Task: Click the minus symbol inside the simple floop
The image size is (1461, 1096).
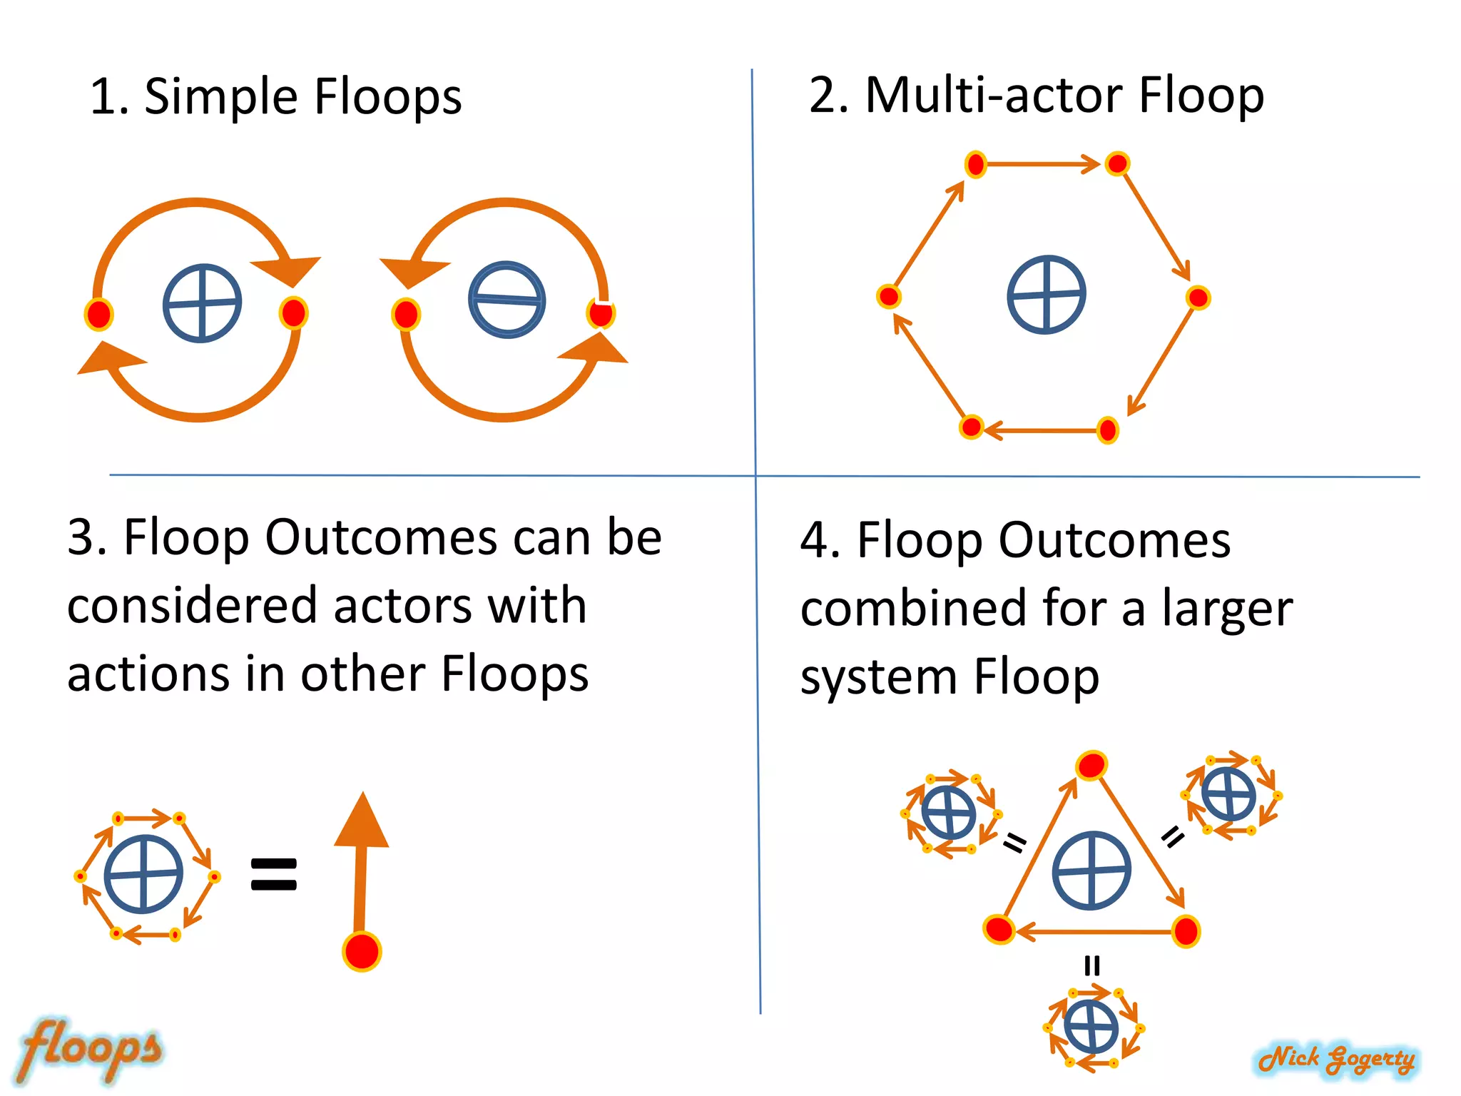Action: [x=506, y=300]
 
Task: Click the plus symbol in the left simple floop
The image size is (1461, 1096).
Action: [x=202, y=303]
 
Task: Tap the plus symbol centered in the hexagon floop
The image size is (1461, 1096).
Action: [x=1046, y=294]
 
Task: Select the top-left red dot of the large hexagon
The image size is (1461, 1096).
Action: [x=975, y=165]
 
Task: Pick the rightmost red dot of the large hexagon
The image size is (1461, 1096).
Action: [x=1198, y=298]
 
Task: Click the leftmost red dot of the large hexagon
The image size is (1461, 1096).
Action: [x=889, y=296]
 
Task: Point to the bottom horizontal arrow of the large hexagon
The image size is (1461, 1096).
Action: [x=1042, y=430]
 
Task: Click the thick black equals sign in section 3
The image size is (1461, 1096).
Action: [x=274, y=875]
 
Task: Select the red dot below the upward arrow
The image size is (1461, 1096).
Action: [x=362, y=951]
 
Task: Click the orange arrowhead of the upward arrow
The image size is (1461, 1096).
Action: [x=362, y=821]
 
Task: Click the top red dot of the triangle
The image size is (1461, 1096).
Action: [x=1091, y=766]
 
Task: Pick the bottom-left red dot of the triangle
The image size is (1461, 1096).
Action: [x=999, y=929]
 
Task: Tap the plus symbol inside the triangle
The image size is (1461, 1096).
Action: [x=1091, y=871]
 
